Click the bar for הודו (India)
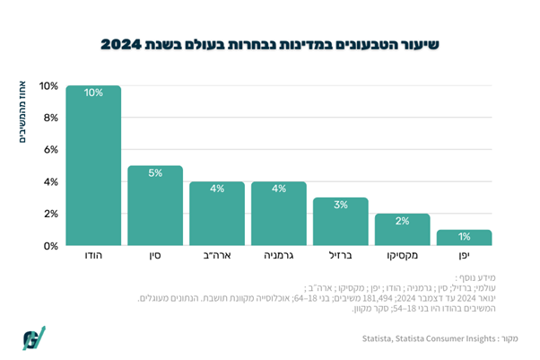coord(93,166)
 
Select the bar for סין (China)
coord(154,206)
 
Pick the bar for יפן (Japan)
coord(464,238)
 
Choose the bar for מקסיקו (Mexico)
coord(402,230)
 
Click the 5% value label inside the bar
coord(154,172)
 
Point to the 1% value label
coord(464,237)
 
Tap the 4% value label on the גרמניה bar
coord(278,189)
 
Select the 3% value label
coord(340,205)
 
